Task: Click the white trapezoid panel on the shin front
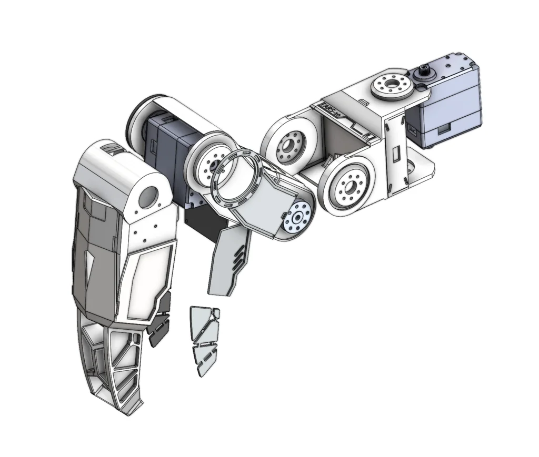click(x=148, y=279)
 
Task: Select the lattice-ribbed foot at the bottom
click(x=113, y=368)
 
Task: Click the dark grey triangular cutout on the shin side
click(x=91, y=263)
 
